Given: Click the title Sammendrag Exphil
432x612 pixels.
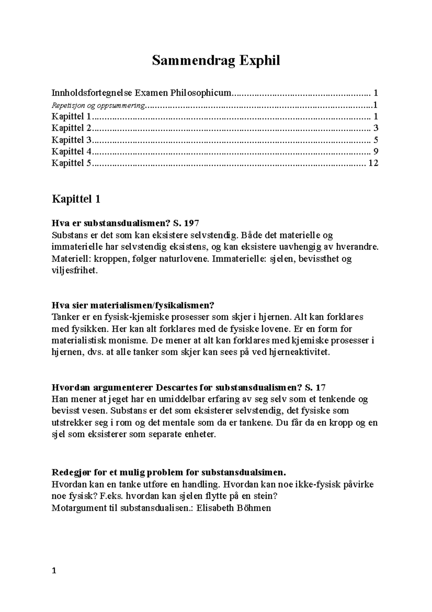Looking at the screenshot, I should [216, 61].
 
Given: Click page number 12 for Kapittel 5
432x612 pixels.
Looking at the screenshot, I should [373, 163].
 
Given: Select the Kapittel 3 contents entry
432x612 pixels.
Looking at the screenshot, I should [72, 140].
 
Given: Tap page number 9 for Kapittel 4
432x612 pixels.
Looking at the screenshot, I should [375, 151].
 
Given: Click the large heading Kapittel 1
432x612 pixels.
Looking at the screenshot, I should [76, 199].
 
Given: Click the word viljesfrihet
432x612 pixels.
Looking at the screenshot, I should [75, 270].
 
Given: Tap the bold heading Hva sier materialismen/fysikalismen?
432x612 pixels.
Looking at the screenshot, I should [133, 305].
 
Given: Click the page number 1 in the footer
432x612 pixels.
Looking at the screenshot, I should [54, 571].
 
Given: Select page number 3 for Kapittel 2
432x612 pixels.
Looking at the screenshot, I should [375, 128].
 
